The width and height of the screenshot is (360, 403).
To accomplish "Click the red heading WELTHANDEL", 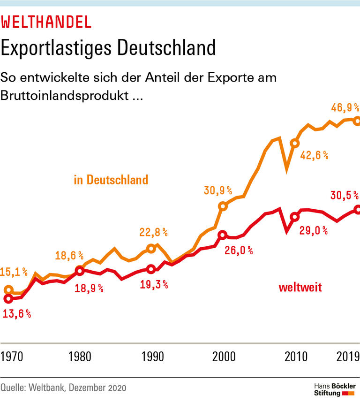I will pos(46,22).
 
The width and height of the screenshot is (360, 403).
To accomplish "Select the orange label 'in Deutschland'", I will pos(111,180).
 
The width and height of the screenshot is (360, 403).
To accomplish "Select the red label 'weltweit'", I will pos(300,287).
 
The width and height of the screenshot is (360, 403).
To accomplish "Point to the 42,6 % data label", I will pos(314,155).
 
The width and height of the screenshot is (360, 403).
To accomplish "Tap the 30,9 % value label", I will pos(218,190).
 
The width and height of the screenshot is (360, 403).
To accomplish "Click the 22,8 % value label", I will pos(154,232).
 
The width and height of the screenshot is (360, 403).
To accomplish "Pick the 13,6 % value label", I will pos(16,314).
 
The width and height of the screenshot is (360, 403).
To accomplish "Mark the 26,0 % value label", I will pos(239,251).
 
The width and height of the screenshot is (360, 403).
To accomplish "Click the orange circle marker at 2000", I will pos(223,206).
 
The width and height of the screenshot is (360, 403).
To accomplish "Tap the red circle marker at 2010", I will pos(294,217).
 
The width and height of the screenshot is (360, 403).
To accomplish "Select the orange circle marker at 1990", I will pos(151,248).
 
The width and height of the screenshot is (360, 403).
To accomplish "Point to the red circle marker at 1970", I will pos(7,298).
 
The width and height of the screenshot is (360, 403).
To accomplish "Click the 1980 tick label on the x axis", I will pos(79,356).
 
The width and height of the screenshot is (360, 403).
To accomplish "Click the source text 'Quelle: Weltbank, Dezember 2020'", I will pos(63,388).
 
